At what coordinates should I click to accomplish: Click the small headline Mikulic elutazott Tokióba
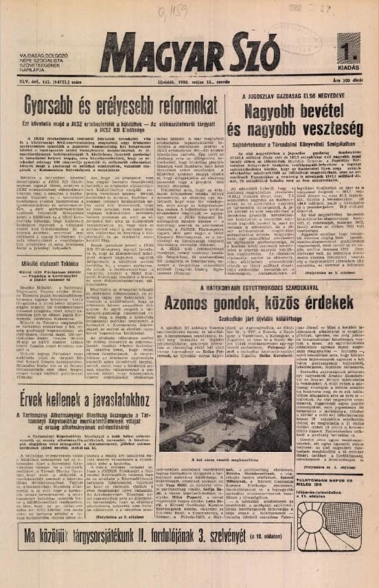click(52, 281)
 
